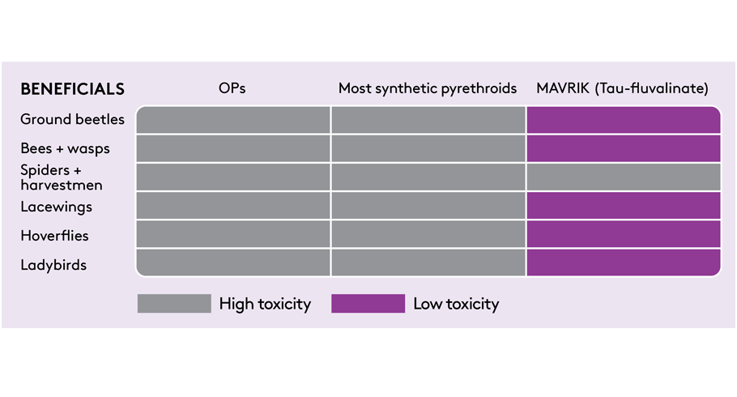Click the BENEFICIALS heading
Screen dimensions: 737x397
click(72, 89)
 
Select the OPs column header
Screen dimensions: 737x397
click(232, 88)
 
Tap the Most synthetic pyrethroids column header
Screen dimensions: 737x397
click(428, 88)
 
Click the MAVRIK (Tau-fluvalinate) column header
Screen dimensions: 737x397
click(622, 88)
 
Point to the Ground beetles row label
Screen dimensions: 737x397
click(72, 119)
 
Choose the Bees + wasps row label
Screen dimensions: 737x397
click(65, 148)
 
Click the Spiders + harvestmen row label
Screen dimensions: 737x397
click(61, 177)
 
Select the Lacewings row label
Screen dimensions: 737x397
click(56, 207)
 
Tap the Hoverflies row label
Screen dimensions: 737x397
click(54, 236)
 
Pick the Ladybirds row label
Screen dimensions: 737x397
click(53, 265)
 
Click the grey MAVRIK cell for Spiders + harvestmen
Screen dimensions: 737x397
click(624, 177)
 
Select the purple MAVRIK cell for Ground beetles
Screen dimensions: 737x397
click(624, 120)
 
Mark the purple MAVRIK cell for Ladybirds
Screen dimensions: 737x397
click(624, 263)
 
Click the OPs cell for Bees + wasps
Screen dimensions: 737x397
click(233, 148)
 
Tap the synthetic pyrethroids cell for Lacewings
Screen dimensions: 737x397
click(428, 206)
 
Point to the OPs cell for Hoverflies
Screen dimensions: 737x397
click(233, 234)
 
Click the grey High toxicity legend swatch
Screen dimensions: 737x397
click(174, 303)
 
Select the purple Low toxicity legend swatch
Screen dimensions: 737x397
click(368, 303)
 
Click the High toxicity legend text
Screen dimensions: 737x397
click(265, 304)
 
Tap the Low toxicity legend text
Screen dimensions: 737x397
click(456, 304)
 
